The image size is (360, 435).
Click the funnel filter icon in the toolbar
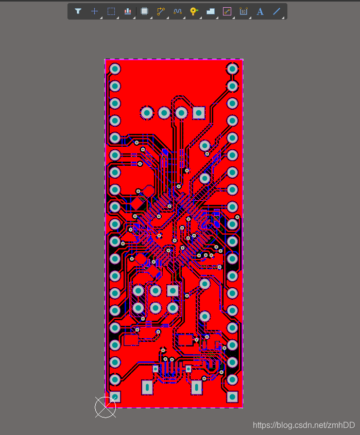(x=78, y=11)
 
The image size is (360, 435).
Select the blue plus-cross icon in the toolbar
(x=94, y=11)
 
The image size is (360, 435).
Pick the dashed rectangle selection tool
(x=111, y=11)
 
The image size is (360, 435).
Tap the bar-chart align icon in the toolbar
(x=128, y=11)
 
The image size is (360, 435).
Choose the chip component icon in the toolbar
(x=144, y=11)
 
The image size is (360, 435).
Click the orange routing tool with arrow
(x=161, y=11)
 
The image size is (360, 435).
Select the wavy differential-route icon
(x=178, y=11)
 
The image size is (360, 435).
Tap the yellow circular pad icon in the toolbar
(x=194, y=11)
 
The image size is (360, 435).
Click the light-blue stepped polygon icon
(x=211, y=11)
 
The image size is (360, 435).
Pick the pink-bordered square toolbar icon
(x=227, y=11)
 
